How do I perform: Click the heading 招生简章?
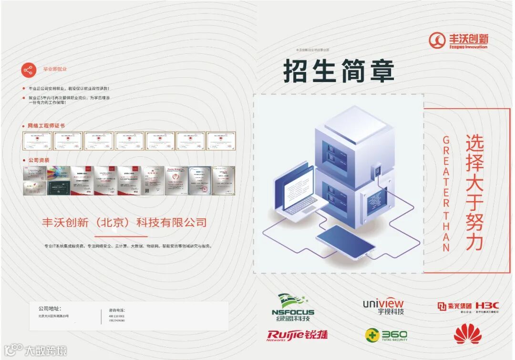click(339, 72)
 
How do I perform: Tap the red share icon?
click(29, 70)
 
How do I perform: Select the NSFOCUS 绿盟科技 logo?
click(293, 308)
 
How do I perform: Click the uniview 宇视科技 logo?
click(383, 307)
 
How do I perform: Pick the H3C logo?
click(487, 306)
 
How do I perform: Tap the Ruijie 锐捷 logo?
click(298, 335)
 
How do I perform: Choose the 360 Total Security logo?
click(386, 335)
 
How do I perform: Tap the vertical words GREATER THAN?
click(446, 193)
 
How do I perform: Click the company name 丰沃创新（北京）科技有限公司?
click(124, 222)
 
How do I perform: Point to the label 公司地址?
click(50, 309)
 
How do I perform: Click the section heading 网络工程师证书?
click(46, 126)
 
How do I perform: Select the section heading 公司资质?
click(39, 160)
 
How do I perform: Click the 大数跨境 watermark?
click(36, 351)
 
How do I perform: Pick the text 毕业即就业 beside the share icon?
click(55, 70)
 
